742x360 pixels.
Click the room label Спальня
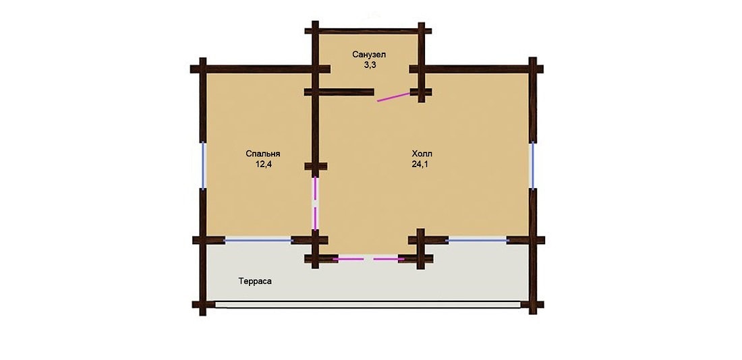263,154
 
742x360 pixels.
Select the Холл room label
422,154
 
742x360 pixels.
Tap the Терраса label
255,282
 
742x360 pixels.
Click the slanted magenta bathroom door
394,96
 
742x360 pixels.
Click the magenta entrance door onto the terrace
368,259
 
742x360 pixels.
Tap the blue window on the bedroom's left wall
204,166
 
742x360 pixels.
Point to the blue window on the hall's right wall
532,166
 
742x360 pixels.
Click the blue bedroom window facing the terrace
258,241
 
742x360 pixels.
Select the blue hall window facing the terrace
477,241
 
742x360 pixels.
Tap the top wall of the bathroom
368,31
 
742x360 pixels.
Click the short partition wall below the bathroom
339,92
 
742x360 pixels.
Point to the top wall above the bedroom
260,69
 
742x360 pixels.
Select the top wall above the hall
476,69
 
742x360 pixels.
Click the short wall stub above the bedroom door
316,167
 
